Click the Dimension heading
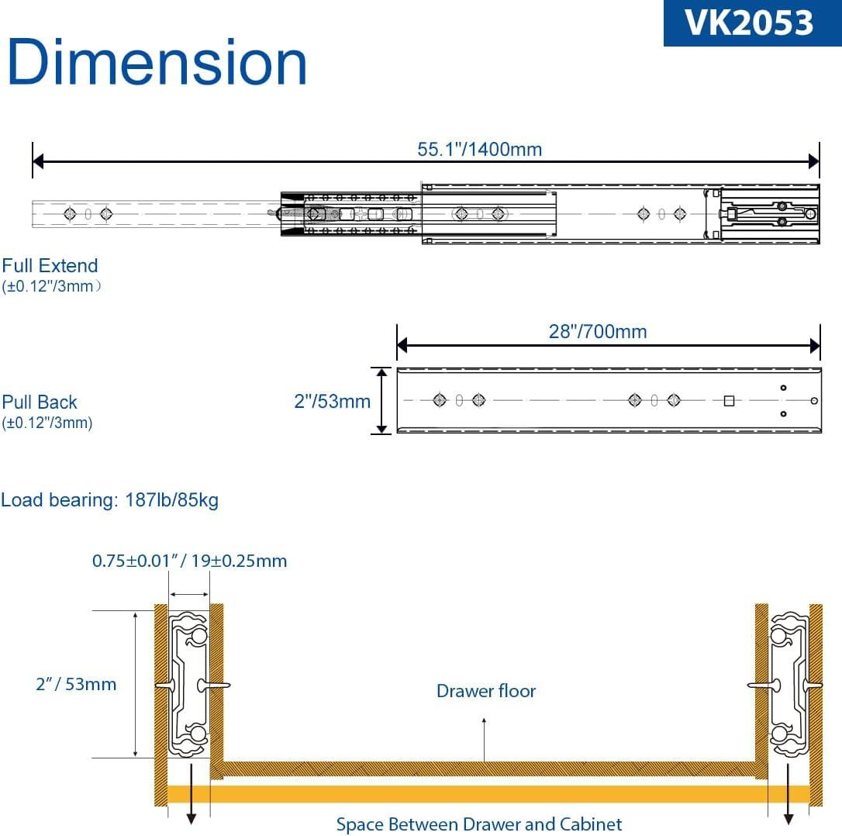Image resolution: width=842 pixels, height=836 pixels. [157, 63]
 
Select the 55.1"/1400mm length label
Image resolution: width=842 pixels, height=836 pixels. [479, 149]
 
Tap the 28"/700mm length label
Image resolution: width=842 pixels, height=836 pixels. [597, 332]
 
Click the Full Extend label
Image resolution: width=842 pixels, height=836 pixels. [50, 266]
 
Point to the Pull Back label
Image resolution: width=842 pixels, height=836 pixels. [40, 402]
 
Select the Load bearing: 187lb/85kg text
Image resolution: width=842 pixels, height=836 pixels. [109, 500]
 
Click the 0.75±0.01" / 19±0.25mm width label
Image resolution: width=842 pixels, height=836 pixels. [189, 561]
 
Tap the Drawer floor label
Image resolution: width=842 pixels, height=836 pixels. [485, 691]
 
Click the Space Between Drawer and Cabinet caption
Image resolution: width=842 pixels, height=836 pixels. [478, 824]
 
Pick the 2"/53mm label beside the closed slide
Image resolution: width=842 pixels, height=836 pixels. [332, 401]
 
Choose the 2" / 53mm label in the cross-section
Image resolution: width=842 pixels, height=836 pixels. [76, 684]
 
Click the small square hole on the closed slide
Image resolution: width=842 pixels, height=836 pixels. [729, 401]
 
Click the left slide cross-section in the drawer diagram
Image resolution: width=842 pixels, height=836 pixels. [189, 684]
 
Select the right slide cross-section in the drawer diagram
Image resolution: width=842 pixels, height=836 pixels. [789, 684]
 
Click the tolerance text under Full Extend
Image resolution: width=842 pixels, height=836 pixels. [52, 286]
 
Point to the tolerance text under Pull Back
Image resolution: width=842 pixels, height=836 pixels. [47, 423]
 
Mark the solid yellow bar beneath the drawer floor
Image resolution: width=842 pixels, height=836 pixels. [488, 794]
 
